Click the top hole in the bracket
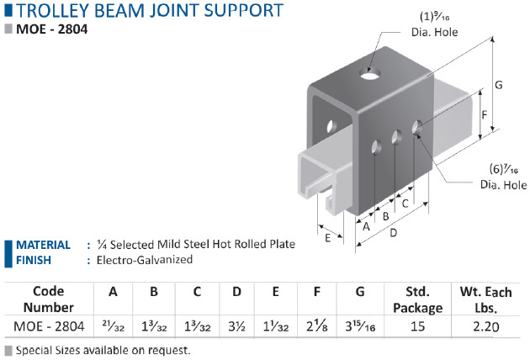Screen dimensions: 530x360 point(370,74)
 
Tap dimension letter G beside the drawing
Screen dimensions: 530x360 point(499,85)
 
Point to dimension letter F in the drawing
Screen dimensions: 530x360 point(485,115)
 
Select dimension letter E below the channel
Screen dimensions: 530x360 point(327,238)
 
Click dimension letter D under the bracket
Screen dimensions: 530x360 point(394,232)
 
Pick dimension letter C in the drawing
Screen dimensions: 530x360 point(405,204)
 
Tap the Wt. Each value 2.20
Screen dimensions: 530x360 point(485,326)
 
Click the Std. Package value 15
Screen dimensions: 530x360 point(417,326)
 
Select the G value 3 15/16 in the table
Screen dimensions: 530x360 point(360,326)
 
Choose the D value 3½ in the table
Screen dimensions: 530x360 point(236,326)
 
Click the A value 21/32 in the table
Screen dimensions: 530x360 point(114,327)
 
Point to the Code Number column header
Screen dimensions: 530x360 point(49,299)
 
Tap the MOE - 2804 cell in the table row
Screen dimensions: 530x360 point(49,326)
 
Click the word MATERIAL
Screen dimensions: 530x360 point(43,245)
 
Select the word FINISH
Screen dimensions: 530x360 point(34,260)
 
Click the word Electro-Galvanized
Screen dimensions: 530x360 point(145,260)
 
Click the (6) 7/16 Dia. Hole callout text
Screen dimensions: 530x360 point(503,177)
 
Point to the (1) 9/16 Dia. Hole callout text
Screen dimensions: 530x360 point(435,24)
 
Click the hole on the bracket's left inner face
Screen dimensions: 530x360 point(331,126)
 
